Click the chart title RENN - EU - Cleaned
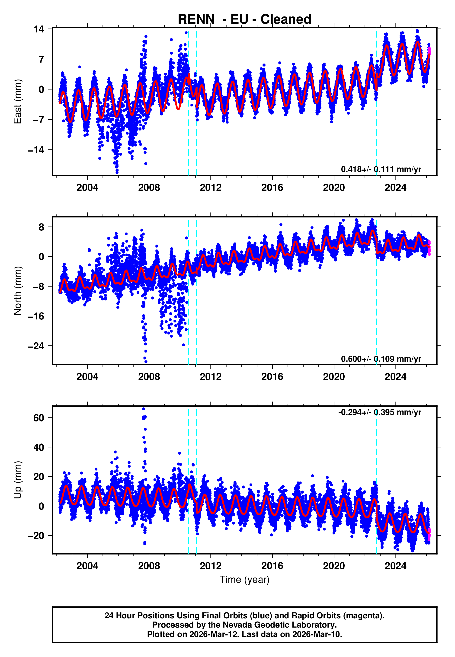[244, 19]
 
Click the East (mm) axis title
[18, 102]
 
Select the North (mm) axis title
[18, 291]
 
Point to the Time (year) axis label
[244, 580]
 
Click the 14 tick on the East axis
[39, 29]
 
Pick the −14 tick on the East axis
[36, 150]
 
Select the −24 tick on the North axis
[36, 346]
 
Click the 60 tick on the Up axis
[39, 418]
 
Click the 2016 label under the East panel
[272, 188]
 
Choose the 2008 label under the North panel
[149, 377]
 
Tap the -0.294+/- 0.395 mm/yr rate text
[379, 412]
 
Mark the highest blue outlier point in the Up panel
[144, 409]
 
